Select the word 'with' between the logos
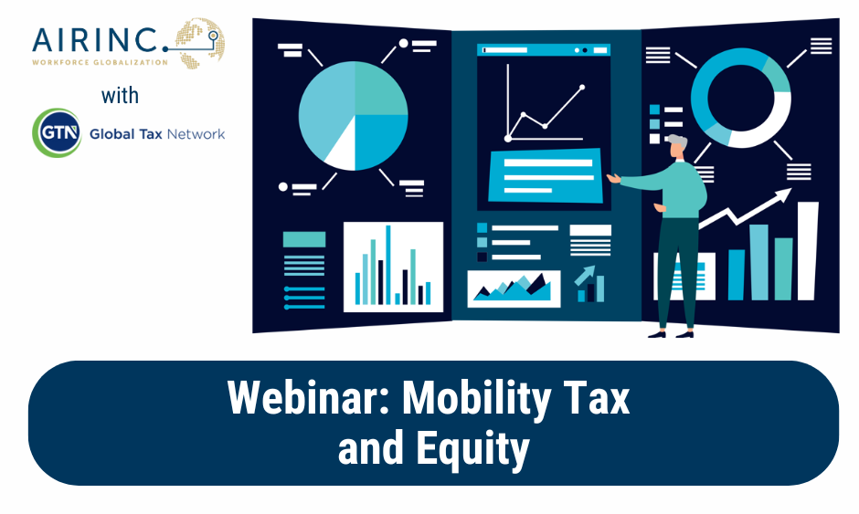click(x=120, y=96)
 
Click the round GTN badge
click(x=57, y=132)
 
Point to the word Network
click(x=196, y=134)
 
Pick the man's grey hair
click(x=678, y=142)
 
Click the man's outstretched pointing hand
click(x=613, y=177)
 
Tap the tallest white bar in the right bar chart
click(x=807, y=251)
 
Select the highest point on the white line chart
click(x=582, y=87)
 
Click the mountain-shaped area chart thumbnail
click(x=514, y=288)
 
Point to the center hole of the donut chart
click(x=741, y=98)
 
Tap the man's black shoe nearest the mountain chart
click(x=656, y=334)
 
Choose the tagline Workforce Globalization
click(x=100, y=62)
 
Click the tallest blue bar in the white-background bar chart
click(x=388, y=265)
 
